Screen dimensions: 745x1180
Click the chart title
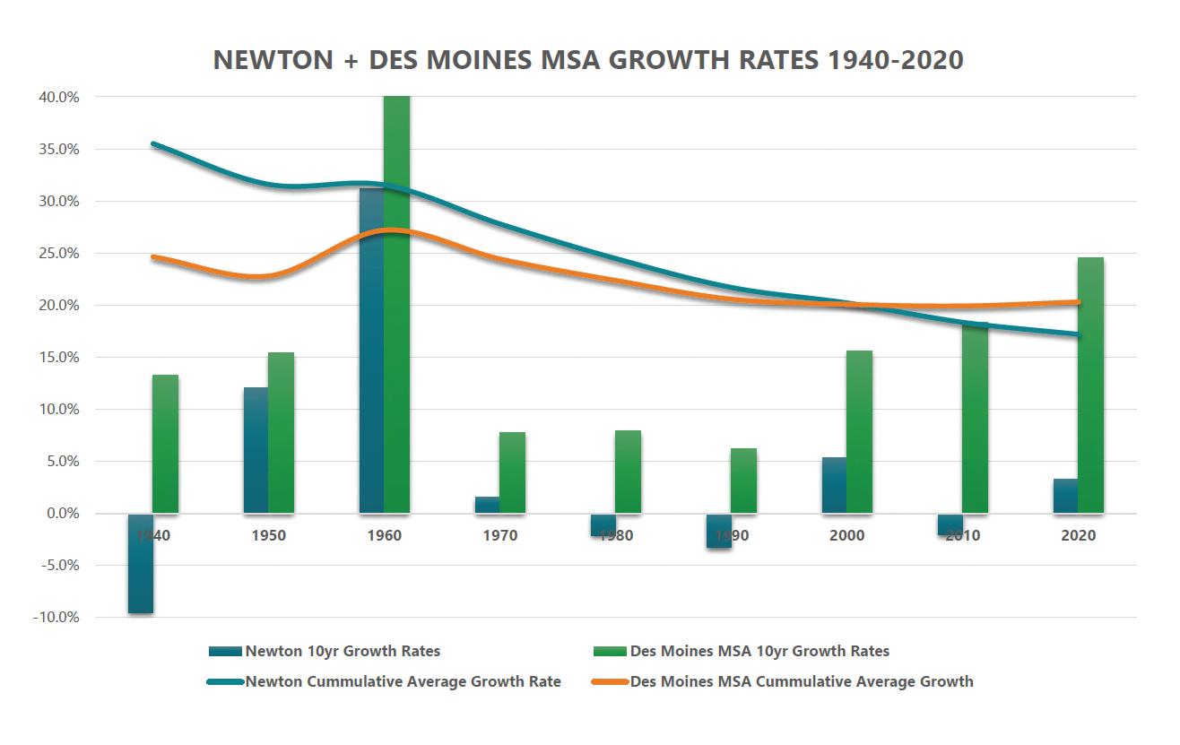pyautogui.click(x=588, y=60)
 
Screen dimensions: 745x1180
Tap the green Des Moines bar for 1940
pyautogui.click(x=165, y=444)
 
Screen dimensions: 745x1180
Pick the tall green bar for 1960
pyautogui.click(x=396, y=305)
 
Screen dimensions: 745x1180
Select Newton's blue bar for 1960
pyautogui.click(x=371, y=351)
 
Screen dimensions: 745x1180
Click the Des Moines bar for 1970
pyautogui.click(x=512, y=472)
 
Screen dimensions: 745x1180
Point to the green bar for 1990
pyautogui.click(x=743, y=481)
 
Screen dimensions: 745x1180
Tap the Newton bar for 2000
pyautogui.click(x=834, y=485)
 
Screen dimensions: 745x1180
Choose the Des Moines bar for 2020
pyautogui.click(x=1090, y=385)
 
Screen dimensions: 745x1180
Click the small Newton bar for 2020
pyautogui.click(x=1065, y=496)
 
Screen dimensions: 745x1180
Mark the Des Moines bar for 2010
pyautogui.click(x=975, y=418)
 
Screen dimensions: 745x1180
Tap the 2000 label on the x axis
pyautogui.click(x=847, y=536)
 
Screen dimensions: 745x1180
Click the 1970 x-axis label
pyautogui.click(x=499, y=536)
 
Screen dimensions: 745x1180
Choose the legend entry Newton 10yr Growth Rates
pyautogui.click(x=342, y=651)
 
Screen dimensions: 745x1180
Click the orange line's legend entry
pyautogui.click(x=801, y=681)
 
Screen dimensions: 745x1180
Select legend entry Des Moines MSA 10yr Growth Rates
pyautogui.click(x=759, y=651)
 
